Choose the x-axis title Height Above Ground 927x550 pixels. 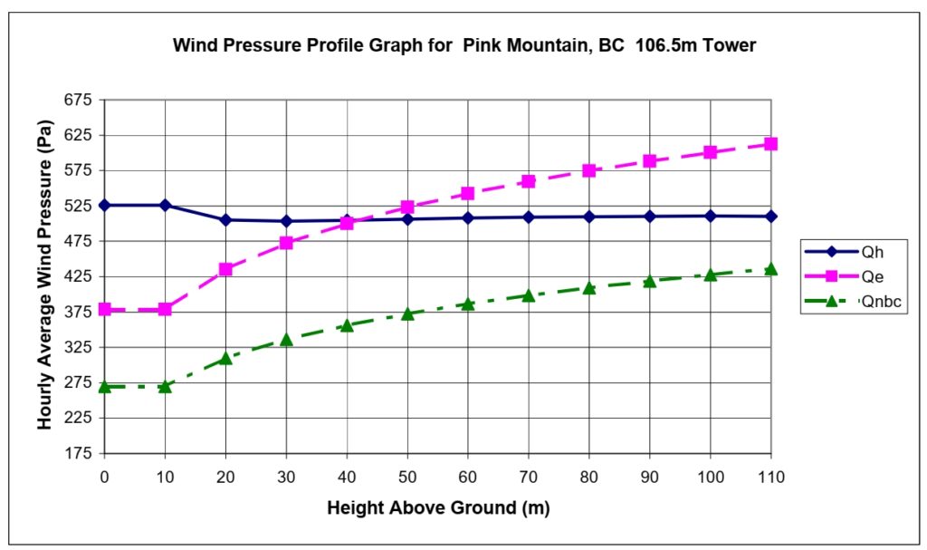(x=438, y=508)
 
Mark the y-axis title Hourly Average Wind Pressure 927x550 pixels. (x=44, y=276)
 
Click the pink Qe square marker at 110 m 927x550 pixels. (x=770, y=144)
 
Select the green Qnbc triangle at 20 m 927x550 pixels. (x=225, y=359)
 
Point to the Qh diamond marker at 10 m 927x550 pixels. (x=165, y=206)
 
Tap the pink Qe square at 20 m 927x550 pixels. (x=225, y=269)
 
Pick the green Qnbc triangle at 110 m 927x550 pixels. (x=770, y=268)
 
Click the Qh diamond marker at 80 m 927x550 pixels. (x=589, y=217)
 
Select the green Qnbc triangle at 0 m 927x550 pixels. (x=104, y=386)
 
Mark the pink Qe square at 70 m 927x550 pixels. (x=529, y=181)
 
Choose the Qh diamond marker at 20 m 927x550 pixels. (x=225, y=219)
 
